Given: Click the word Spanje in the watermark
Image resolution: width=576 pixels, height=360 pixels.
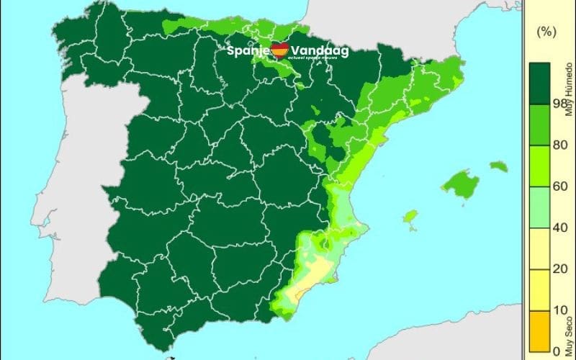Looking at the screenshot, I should point(248,52).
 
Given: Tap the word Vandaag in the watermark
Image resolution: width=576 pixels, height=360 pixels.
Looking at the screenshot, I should point(318,52).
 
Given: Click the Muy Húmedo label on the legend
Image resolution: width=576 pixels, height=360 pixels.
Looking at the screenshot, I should point(569,89).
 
